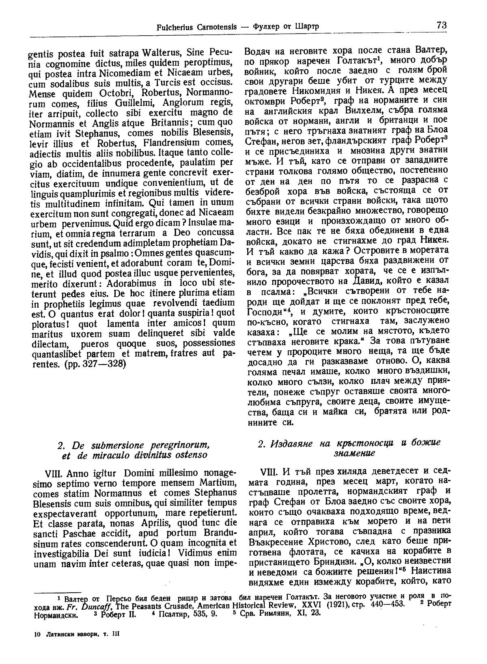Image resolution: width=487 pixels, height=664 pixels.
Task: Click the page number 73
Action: coord(442,25)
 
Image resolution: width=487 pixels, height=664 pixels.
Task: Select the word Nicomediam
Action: coord(119,73)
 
